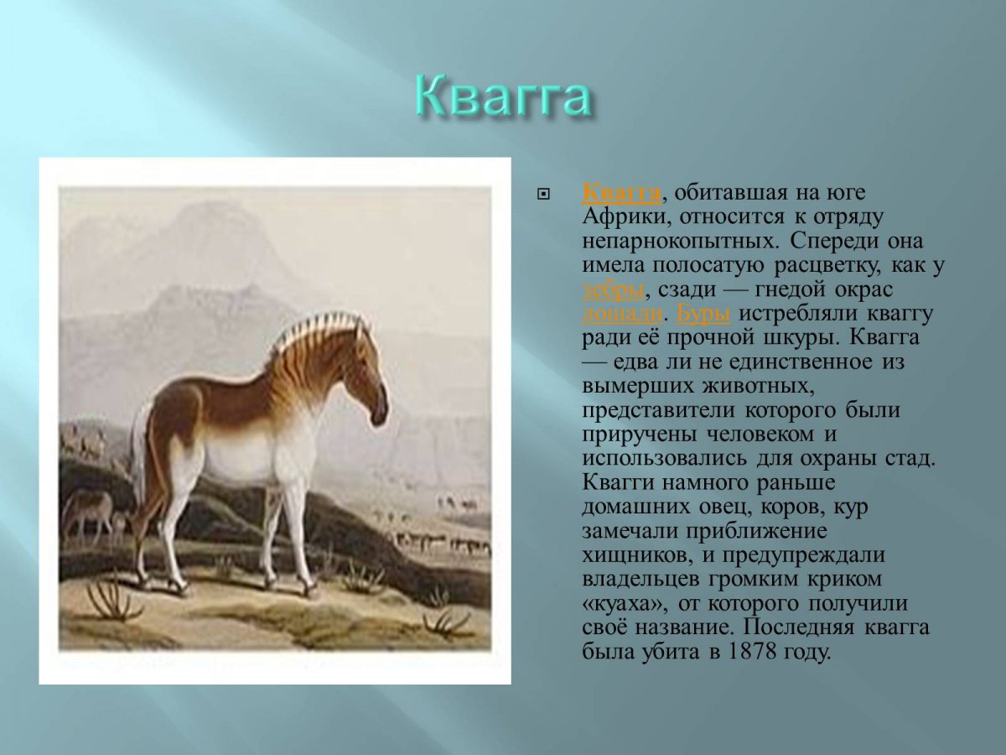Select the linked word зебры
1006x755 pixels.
tap(613, 289)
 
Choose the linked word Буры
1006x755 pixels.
tap(703, 314)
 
